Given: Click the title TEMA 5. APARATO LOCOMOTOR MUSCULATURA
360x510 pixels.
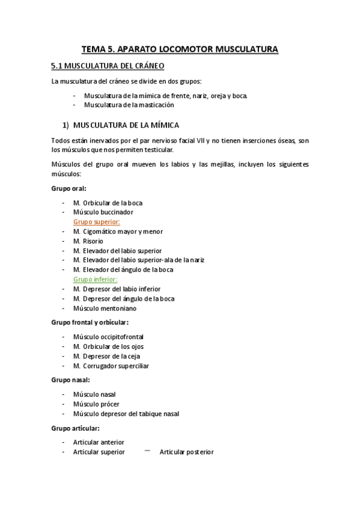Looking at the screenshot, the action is (180, 49).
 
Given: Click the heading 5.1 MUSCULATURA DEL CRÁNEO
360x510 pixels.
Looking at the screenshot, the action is (108, 66).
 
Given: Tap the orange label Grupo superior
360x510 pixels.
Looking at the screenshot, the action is (96, 222).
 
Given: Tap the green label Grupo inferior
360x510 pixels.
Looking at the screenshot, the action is (95, 280).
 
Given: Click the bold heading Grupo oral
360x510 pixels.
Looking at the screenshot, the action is (69, 188).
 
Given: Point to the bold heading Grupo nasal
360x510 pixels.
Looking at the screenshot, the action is (71, 380).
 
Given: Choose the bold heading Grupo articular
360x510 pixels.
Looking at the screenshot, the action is (75, 428).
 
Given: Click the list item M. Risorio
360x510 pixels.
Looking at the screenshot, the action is (88, 241).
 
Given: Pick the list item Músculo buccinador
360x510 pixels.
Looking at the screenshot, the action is (103, 212).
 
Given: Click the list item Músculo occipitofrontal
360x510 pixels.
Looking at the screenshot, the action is (108, 337).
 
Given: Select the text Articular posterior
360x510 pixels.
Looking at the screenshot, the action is (186, 452).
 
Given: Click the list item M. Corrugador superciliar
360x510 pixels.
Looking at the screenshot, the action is (111, 366).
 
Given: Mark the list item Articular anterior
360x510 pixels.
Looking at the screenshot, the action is (99, 443).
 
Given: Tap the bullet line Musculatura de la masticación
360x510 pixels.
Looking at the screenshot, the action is (129, 105).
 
